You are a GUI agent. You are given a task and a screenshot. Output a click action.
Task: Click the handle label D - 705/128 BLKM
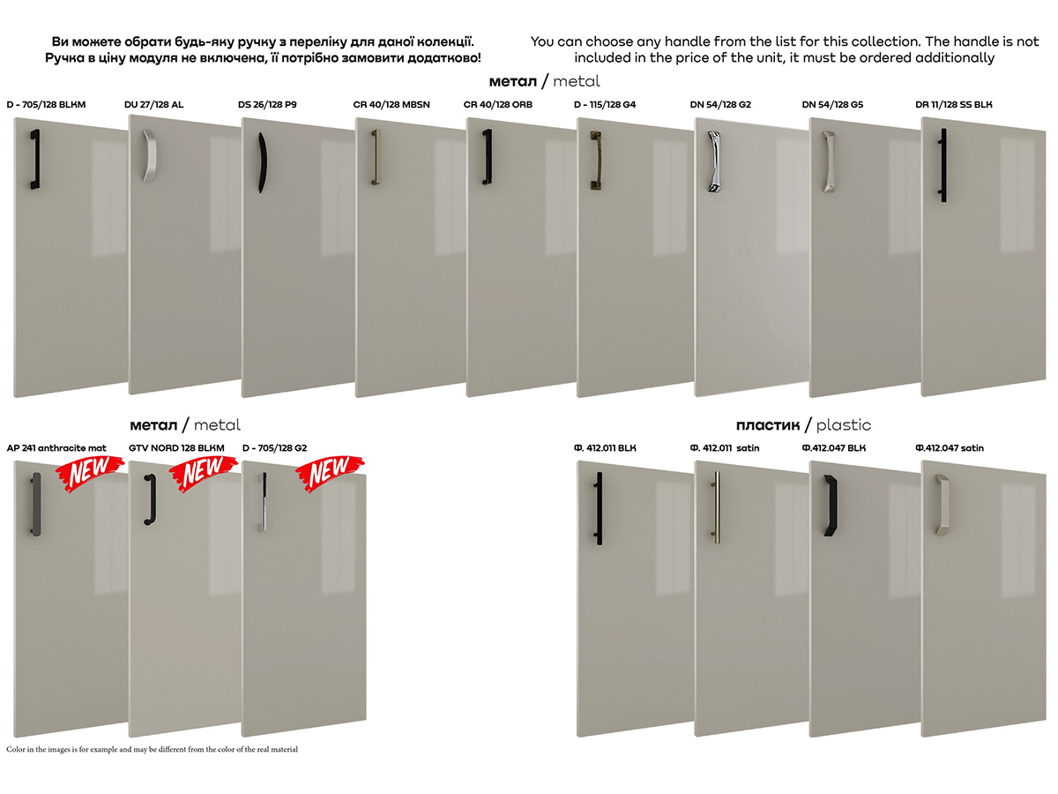(46, 105)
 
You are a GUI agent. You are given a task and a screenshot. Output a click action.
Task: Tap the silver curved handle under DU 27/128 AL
(149, 155)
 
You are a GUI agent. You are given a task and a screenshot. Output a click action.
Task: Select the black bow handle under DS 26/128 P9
(262, 162)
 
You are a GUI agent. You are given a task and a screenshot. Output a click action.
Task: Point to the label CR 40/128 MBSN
(391, 105)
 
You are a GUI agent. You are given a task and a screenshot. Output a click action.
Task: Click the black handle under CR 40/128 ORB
(488, 156)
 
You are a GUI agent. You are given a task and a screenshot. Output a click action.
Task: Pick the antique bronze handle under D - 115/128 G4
(596, 161)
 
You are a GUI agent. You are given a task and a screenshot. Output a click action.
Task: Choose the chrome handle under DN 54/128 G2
(714, 161)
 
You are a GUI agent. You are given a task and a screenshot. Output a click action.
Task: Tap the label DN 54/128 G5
(832, 105)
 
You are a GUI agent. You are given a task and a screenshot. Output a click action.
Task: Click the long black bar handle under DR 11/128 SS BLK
(943, 165)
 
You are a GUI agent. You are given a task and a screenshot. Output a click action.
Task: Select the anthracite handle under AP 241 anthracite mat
(36, 504)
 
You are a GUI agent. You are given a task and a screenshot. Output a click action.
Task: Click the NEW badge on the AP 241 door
(90, 474)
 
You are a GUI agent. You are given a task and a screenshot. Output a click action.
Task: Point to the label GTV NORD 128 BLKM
(176, 448)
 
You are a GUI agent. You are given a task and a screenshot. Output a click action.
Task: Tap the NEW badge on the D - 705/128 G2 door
(330, 474)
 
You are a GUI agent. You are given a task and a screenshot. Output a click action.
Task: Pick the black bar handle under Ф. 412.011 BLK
(599, 508)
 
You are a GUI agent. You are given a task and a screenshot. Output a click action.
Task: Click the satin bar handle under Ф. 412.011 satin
(717, 507)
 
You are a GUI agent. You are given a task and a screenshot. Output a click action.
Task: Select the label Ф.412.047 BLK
(834, 448)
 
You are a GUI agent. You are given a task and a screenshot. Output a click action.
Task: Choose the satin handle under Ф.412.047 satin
(942, 505)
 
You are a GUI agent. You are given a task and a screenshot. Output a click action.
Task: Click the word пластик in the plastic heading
(768, 425)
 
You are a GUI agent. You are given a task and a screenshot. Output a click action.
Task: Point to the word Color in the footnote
(15, 749)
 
